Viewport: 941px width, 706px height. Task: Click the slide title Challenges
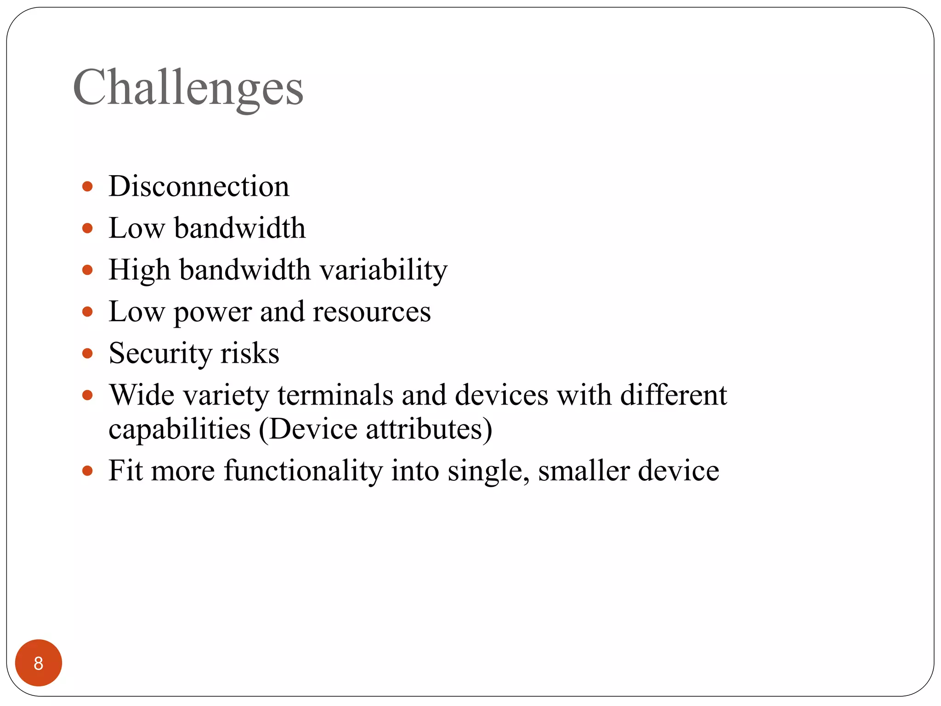coord(188,88)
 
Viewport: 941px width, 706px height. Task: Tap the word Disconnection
coord(199,186)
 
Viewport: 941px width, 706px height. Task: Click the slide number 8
coord(39,663)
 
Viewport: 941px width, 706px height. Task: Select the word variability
coord(383,270)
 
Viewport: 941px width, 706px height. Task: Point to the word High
coord(139,270)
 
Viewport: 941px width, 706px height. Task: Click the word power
coord(212,313)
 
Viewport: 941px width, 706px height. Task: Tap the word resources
coord(372,312)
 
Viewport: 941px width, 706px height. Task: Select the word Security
coord(160,353)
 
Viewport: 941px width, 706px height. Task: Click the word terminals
coord(335,395)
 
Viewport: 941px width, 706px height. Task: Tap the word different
coord(674,395)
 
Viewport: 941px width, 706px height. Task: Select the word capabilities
coord(180,430)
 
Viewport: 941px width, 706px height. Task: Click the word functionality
coord(303,472)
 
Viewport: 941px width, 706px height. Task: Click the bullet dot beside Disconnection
coord(87,187)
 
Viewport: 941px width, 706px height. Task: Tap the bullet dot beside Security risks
coord(87,353)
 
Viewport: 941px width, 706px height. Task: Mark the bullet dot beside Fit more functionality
coord(87,471)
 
